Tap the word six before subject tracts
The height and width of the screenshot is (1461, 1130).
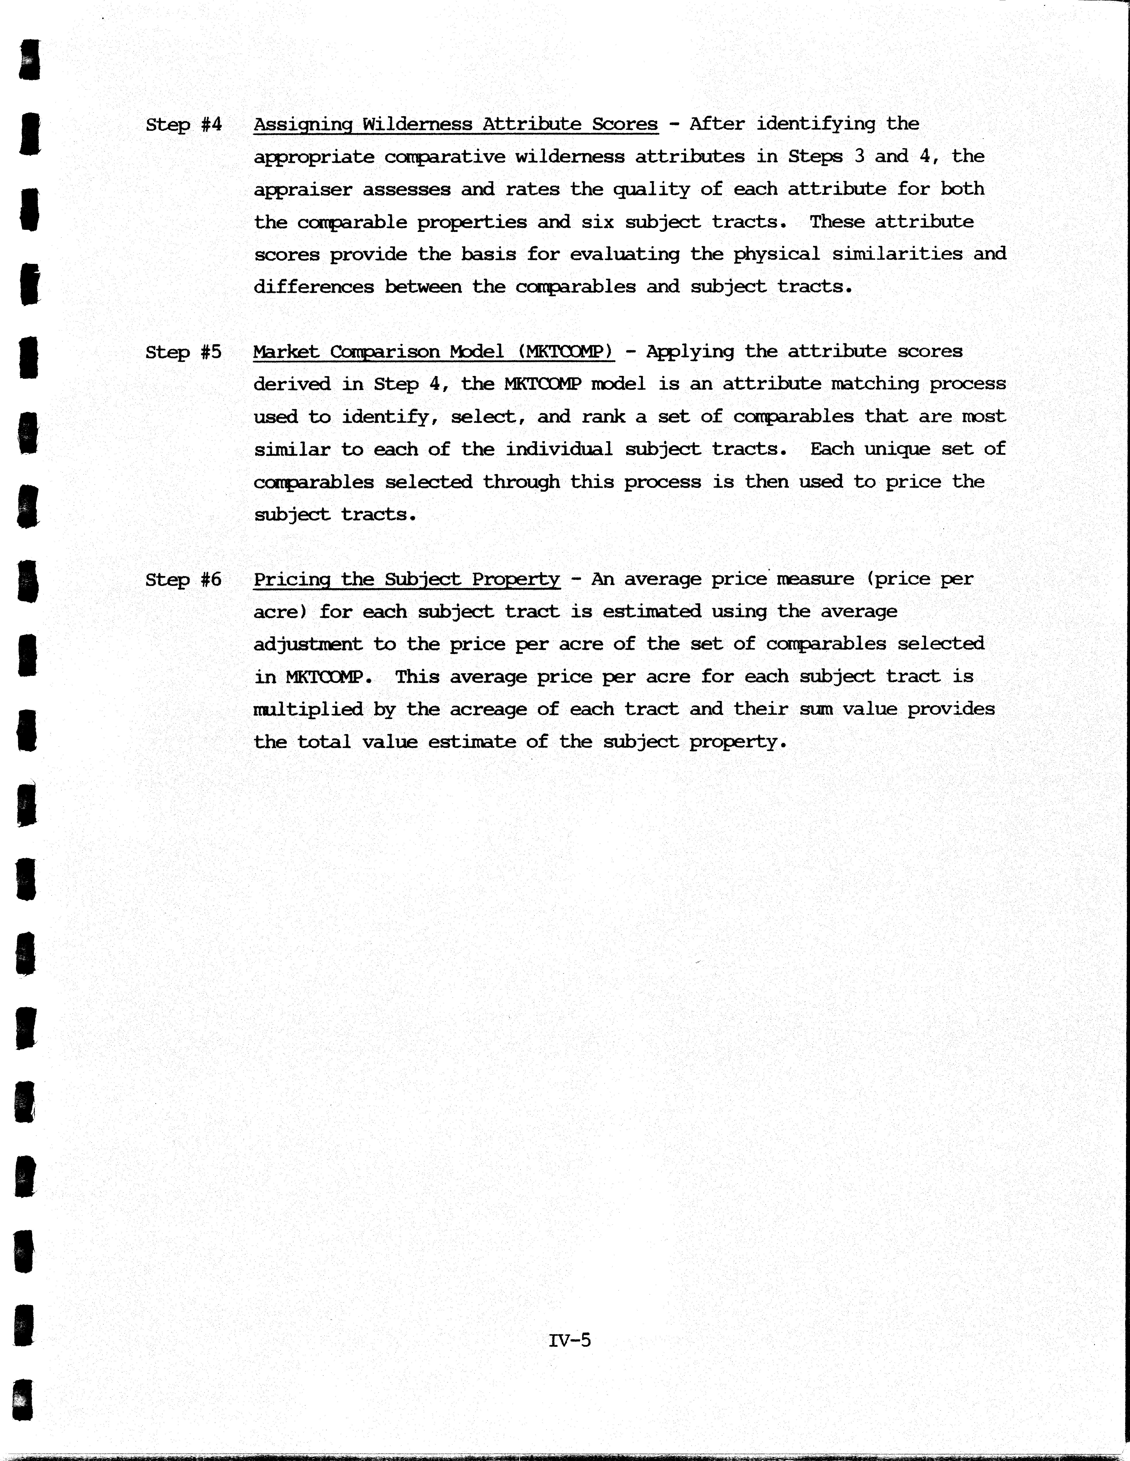[598, 222]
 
